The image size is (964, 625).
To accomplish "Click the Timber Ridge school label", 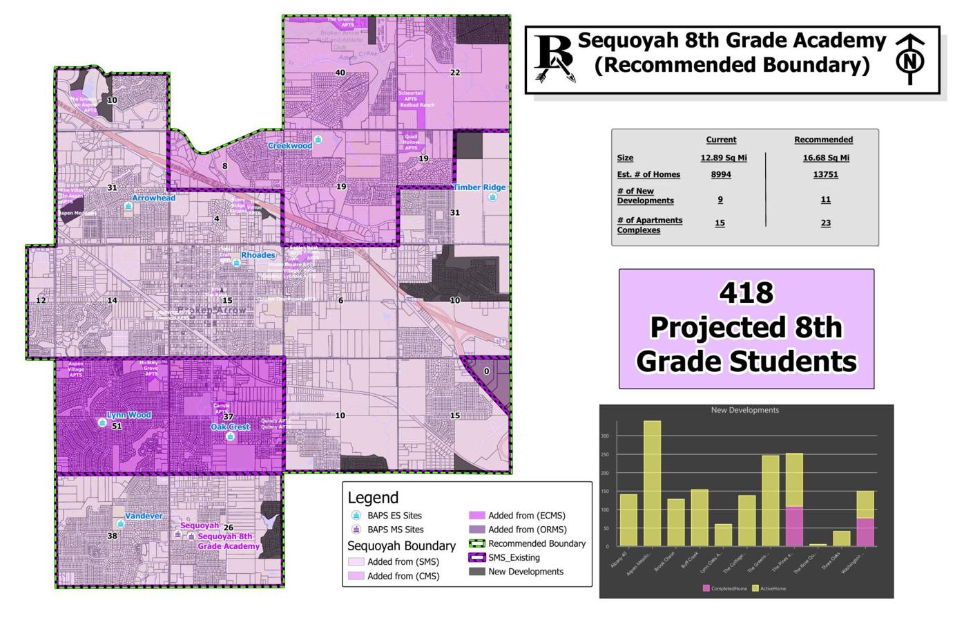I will click(x=479, y=187).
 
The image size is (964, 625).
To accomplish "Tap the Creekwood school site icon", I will click(x=318, y=140).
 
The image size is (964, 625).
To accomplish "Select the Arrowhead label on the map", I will click(x=153, y=198).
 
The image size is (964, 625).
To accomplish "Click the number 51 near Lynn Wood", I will click(x=117, y=426).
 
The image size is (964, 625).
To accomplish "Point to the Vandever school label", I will click(x=144, y=516).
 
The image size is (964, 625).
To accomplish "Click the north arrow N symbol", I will click(x=910, y=60).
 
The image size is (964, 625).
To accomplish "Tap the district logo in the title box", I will click(x=555, y=59).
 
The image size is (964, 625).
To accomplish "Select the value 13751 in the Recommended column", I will click(x=825, y=174).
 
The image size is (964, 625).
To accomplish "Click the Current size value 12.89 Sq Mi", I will click(x=723, y=158).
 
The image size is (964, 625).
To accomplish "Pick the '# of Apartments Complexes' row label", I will click(x=649, y=225).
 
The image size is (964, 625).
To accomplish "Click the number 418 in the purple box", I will click(x=746, y=293).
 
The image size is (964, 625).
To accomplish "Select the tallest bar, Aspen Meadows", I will click(x=652, y=483).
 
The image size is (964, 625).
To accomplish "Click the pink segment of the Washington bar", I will click(x=865, y=532).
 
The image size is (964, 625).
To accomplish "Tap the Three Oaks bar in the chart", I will click(x=841, y=539).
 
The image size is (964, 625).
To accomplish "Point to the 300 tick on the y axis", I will click(x=605, y=436).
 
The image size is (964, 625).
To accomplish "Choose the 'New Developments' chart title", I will click(x=744, y=410).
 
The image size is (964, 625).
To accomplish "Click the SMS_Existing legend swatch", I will click(x=476, y=557).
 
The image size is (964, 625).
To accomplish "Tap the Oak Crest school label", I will click(x=229, y=427).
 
